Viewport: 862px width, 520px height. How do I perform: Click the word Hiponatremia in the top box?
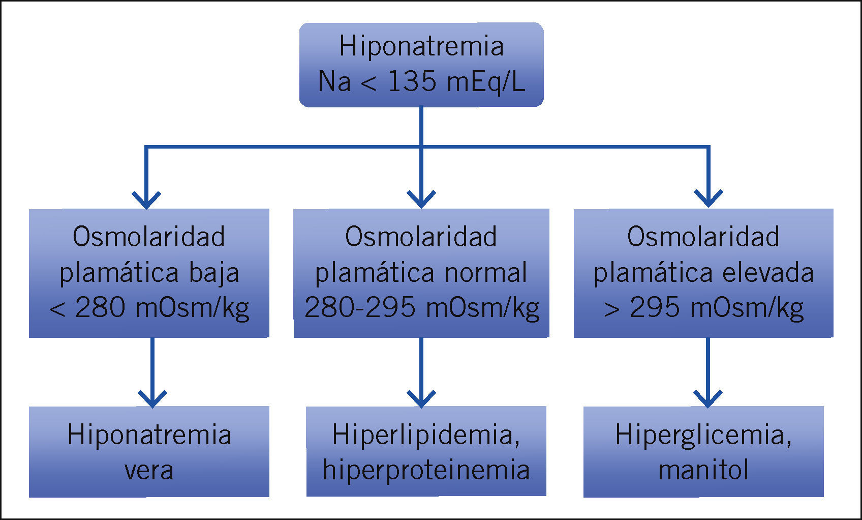[421, 46]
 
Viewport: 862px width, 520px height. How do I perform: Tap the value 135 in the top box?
[412, 81]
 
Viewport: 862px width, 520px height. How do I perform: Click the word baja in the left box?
[214, 273]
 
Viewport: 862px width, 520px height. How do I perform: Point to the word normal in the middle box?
[486, 273]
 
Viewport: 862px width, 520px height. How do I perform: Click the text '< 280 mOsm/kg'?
[149, 308]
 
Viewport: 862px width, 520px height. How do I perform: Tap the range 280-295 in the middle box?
[359, 308]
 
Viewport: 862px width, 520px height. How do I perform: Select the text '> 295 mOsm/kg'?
[703, 308]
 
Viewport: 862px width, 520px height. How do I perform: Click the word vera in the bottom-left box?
[149, 471]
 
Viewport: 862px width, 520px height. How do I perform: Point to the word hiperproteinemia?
[426, 470]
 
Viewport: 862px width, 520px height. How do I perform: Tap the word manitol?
[703, 471]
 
